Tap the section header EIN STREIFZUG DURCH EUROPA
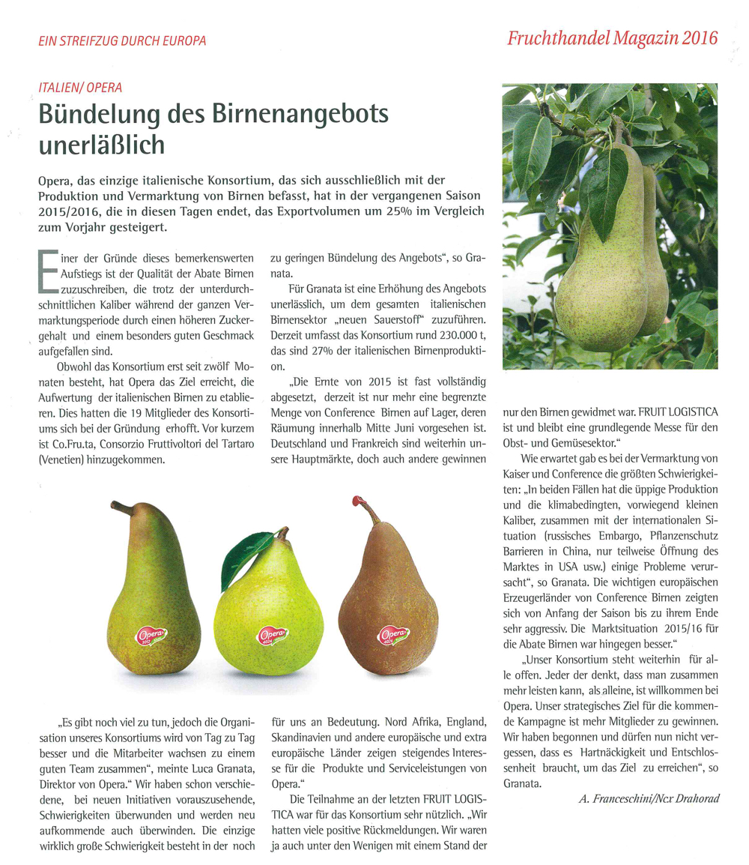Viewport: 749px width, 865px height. point(121,41)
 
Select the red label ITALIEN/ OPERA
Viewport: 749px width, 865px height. point(79,88)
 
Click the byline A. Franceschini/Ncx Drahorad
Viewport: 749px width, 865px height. point(649,799)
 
